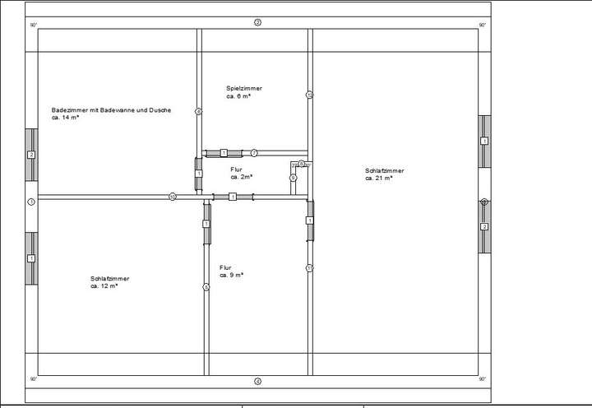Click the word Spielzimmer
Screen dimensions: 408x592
pos(244,88)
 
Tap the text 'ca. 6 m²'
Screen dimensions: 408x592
pos(238,96)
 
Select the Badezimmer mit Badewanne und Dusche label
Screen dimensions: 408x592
pos(111,110)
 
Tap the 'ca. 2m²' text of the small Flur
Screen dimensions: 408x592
pos(241,177)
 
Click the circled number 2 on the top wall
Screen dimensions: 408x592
pos(257,22)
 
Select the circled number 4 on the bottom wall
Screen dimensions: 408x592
pos(257,381)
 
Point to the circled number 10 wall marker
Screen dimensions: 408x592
pos(173,197)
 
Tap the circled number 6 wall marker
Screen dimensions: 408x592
pos(292,178)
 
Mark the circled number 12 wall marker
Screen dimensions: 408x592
pos(309,95)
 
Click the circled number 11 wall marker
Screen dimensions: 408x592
pos(309,268)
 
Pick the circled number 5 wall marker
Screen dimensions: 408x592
pos(206,287)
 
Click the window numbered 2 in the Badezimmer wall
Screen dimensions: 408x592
pos(31,155)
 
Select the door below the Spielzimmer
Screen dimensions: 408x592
pos(224,153)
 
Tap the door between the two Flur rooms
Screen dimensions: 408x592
pos(233,197)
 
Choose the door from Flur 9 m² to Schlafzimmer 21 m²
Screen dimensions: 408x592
pos(309,220)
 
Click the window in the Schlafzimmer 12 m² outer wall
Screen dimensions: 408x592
pos(31,258)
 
